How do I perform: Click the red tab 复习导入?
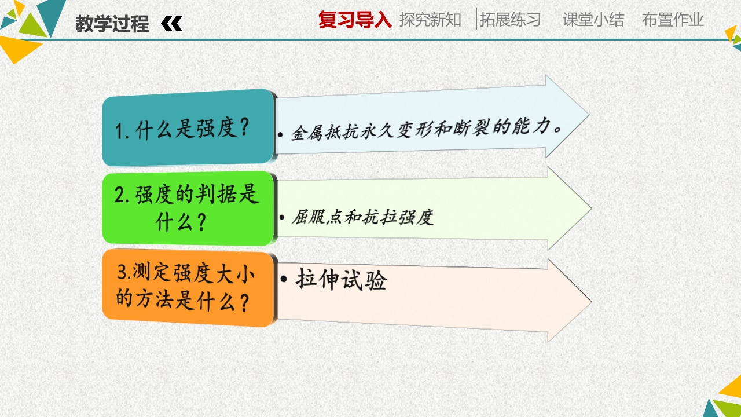355,20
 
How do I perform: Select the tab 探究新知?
430,20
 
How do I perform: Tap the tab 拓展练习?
511,20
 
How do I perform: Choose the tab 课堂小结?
593,20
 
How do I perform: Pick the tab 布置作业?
673,20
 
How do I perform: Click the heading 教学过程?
112,24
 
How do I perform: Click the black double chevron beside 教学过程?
172,24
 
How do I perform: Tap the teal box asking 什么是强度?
188,128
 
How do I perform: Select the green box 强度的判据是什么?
188,208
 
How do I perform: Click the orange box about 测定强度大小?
188,288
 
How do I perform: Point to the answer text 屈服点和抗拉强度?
362,217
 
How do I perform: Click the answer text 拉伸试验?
341,280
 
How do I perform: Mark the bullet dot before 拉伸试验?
284,279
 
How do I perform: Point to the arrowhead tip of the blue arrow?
589,115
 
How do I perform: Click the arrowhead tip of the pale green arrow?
592,209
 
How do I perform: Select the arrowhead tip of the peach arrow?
592,301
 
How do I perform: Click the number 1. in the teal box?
122,131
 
